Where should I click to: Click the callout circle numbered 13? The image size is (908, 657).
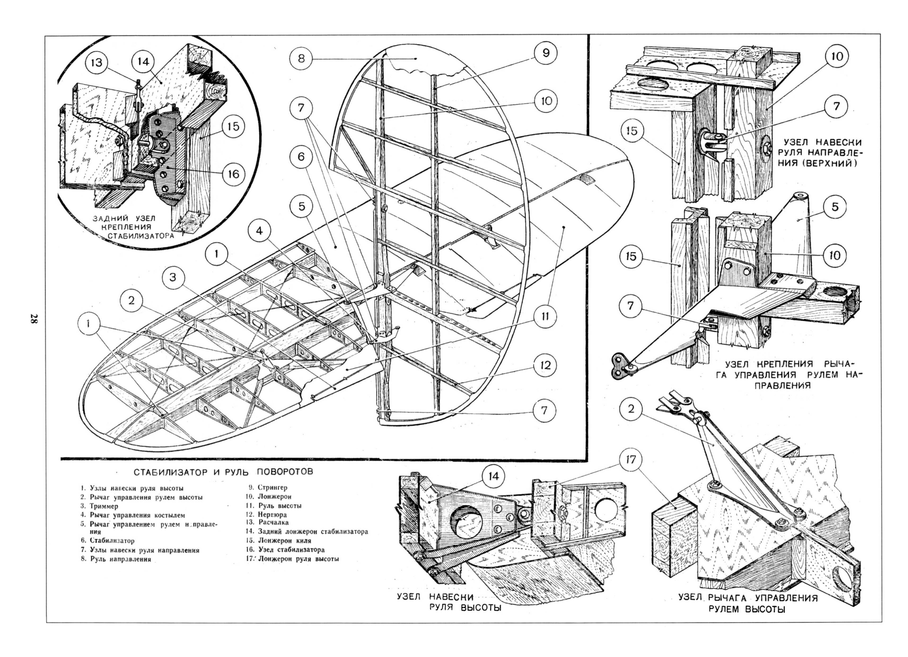tap(96, 63)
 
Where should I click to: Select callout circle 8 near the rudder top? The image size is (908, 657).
tap(301, 59)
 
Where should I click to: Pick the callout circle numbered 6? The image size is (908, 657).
tap(301, 156)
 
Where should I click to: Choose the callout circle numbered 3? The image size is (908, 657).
tap(173, 277)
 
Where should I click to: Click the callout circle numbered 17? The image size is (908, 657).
tap(630, 460)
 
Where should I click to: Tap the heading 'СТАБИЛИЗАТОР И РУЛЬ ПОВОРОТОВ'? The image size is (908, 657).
tap(223, 472)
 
